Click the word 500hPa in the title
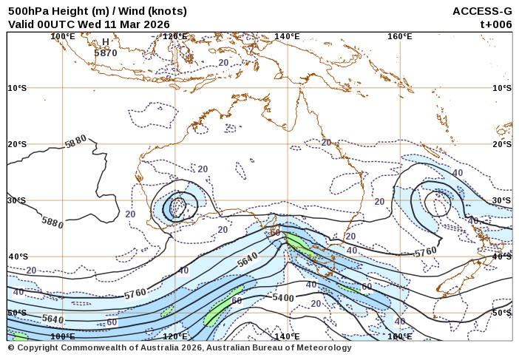(27, 11)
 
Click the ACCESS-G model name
(482, 11)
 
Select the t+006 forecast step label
(496, 24)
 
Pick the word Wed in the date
(89, 24)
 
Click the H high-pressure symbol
(106, 42)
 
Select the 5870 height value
(106, 53)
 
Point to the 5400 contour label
(283, 298)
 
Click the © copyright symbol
(11, 347)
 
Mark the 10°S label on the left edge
(17, 88)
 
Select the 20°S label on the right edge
(502, 144)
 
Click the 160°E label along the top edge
(399, 36)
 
